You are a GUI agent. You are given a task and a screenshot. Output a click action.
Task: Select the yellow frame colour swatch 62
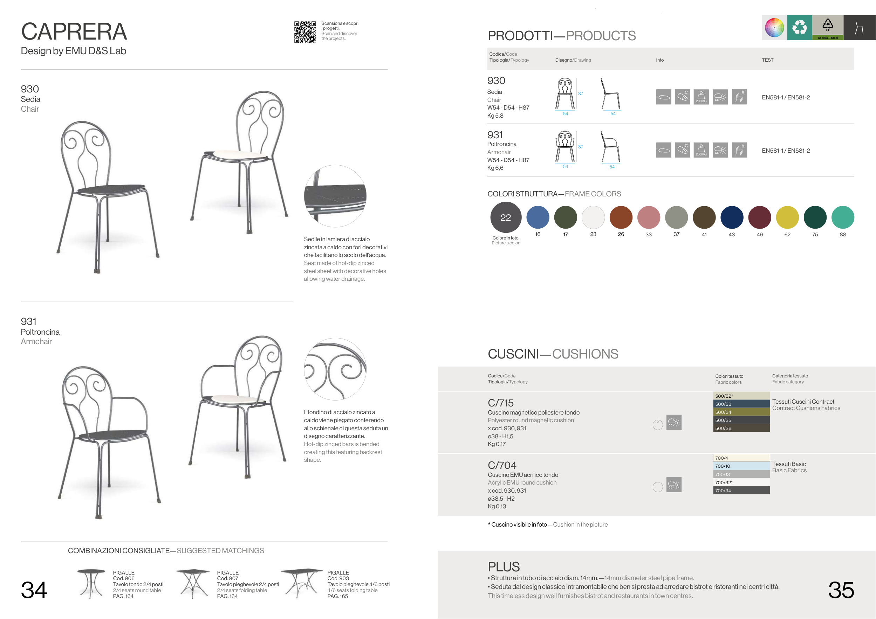[787, 217]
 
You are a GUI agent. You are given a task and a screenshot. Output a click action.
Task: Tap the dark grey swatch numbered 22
[506, 217]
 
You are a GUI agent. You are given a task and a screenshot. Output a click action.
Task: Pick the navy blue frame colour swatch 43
[732, 217]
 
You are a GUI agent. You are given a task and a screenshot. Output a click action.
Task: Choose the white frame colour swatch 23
[593, 217]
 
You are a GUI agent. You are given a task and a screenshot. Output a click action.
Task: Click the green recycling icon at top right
[800, 27]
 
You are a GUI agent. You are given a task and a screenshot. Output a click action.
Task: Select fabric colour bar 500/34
[741, 412]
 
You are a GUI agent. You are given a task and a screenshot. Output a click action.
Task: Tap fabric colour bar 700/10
[741, 466]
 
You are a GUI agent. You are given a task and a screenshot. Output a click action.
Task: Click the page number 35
[841, 590]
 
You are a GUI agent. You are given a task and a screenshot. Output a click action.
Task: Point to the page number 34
[34, 590]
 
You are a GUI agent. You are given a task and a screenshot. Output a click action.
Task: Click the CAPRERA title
[74, 31]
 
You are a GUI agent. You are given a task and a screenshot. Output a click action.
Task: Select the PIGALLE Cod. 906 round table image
[91, 584]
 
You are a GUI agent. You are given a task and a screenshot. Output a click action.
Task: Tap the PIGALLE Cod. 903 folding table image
[302, 583]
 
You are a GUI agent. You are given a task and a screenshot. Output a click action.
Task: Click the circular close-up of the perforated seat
[335, 196]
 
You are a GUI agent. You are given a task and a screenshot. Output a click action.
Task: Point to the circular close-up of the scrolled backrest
[335, 369]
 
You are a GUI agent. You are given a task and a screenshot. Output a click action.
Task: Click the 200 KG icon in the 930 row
[701, 97]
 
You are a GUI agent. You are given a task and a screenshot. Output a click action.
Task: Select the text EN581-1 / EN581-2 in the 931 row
[786, 151]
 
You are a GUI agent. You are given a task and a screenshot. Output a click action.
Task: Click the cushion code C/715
[501, 403]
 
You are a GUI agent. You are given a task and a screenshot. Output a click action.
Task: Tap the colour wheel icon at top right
[774, 27]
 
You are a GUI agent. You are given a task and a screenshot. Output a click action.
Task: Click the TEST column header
[767, 60]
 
